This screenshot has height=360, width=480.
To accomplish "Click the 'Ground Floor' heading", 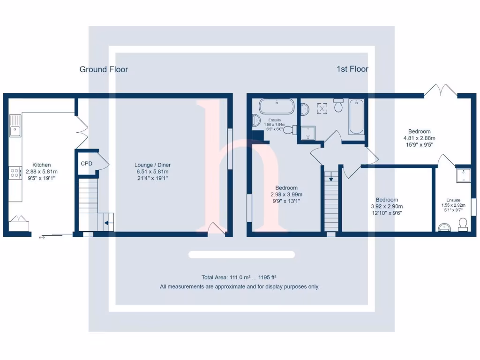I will click(104, 69).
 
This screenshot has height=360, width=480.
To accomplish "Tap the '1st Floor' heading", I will click(352, 69).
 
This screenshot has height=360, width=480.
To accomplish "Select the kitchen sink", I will click(15, 126).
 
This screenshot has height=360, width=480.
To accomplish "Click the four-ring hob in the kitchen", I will click(15, 173).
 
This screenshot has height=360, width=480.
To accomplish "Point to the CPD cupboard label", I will click(87, 164).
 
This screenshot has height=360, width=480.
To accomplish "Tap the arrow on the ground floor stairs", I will click(108, 223).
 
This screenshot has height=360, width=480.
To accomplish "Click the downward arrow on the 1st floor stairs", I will click(331, 177).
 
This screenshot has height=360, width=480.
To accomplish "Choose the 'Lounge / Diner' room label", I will click(152, 165).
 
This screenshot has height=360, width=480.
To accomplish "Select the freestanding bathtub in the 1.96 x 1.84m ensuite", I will click(277, 106).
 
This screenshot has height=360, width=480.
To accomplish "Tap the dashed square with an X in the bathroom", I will click(322, 108).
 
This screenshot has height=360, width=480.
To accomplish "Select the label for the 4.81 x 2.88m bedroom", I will click(419, 132).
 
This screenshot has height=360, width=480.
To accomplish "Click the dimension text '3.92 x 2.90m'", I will click(387, 206).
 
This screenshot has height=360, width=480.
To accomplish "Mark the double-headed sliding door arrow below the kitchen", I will click(42, 238).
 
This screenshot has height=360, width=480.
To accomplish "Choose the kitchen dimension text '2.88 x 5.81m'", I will click(41, 172).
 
